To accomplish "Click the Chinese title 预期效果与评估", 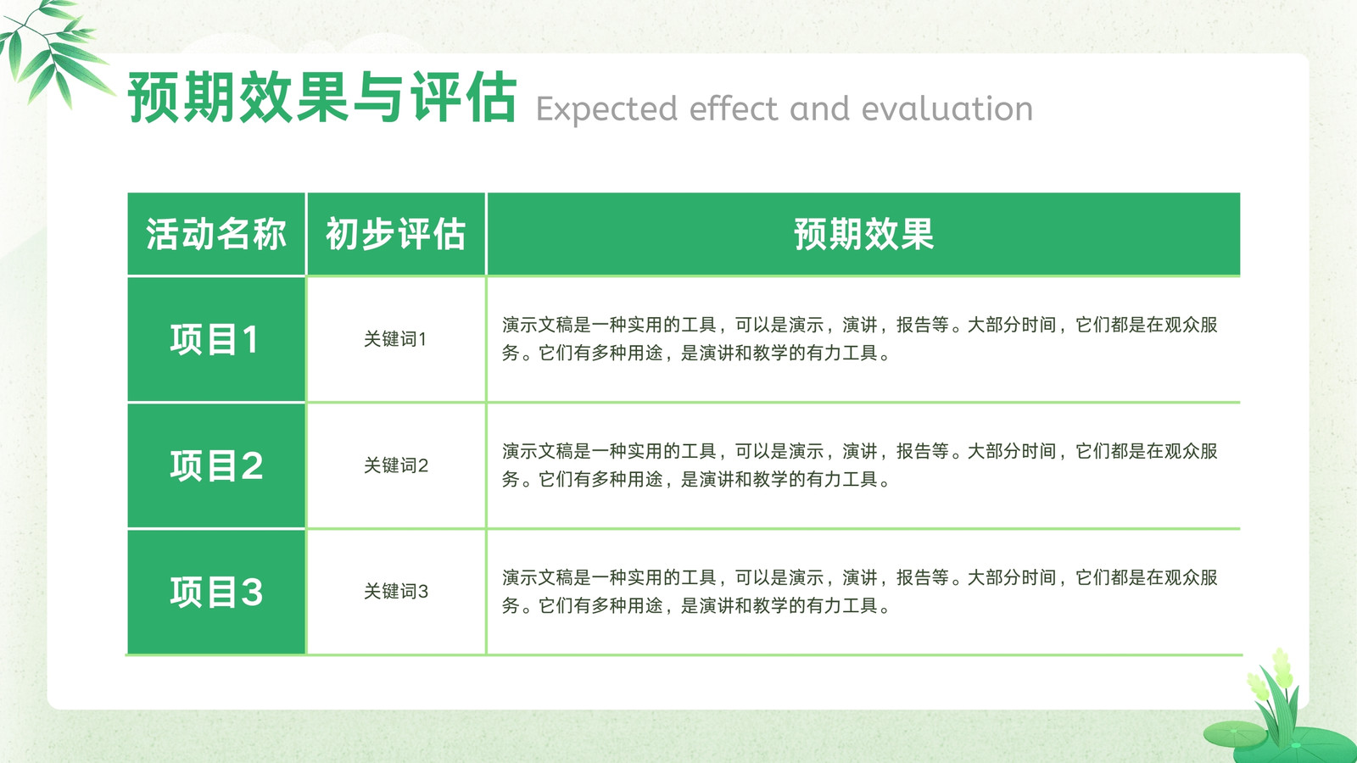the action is pos(321,97).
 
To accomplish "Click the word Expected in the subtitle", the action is pos(606,110).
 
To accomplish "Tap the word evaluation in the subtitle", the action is pos(947,109).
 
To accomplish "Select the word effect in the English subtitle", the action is pos(733,109).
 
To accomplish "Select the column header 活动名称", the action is pos(215,234).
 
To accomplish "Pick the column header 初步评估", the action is pos(395,234).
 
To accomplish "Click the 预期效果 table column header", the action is pos(864,234).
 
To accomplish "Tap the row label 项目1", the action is pos(215,339).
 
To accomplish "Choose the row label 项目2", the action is pos(216,465).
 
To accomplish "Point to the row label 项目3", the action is pos(216,592).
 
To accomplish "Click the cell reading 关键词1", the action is pos(395,339).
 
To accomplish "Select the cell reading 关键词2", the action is pos(395,465).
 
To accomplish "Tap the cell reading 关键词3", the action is pos(395,591).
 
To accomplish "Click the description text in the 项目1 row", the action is pos(860,338).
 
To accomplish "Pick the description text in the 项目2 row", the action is pos(860,465).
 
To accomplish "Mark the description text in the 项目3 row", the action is pos(860,591).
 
